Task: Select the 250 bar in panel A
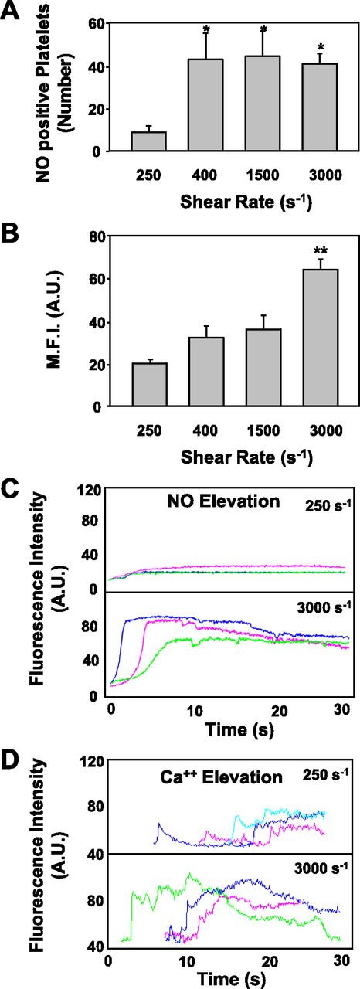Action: (149, 141)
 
